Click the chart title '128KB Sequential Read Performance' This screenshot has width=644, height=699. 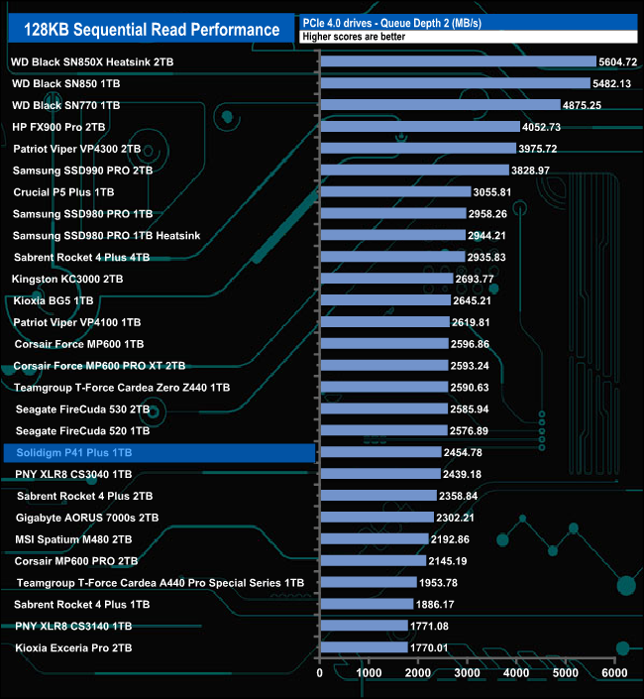149,29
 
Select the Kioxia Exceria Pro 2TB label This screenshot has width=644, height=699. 74,648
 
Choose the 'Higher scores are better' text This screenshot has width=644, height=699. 355,37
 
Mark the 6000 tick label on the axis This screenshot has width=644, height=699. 614,673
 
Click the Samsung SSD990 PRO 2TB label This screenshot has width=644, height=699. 83,171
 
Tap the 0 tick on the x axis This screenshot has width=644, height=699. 320,673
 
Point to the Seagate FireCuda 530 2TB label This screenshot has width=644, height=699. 83,409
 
